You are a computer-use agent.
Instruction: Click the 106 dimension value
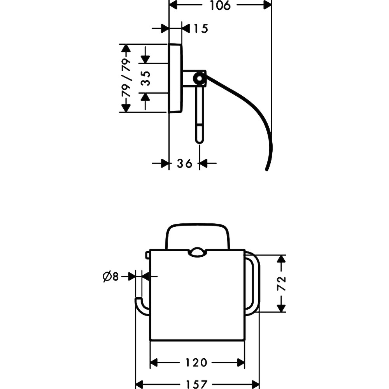coord(220,5)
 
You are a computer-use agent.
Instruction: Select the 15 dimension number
coord(200,28)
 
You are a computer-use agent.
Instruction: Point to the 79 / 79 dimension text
coord(126,78)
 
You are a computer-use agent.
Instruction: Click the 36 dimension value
coord(184,163)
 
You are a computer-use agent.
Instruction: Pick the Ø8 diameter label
coord(110,277)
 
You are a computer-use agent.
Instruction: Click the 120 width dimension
coord(196,363)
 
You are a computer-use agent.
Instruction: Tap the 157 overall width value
coord(196,384)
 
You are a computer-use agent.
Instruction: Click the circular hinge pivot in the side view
coord(199,79)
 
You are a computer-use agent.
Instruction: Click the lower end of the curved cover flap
coord(267,169)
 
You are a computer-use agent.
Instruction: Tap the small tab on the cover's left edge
coord(147,255)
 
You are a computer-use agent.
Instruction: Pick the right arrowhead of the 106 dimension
coord(268,5)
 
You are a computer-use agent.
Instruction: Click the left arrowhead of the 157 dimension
coord(140,384)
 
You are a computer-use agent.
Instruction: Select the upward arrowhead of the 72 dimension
coord(281,259)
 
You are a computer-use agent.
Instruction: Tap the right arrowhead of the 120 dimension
coord(240,363)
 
